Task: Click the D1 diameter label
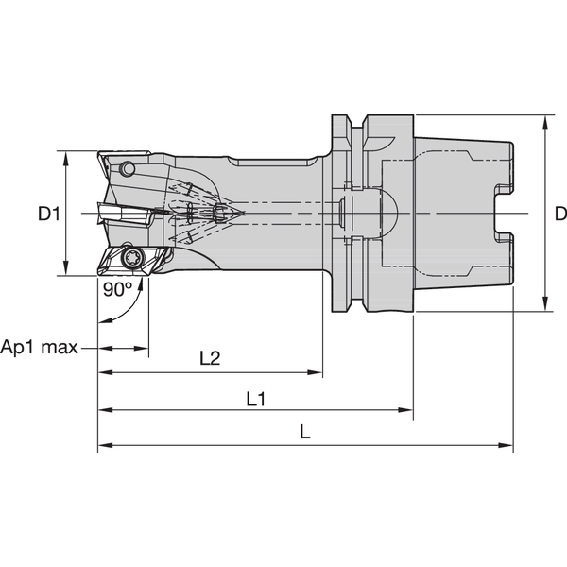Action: [49, 215]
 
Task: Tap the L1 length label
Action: [254, 399]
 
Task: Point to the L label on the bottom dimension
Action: [304, 432]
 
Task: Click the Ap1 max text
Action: [40, 347]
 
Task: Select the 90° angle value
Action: [116, 290]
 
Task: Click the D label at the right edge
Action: [559, 215]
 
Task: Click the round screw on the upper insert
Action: [128, 170]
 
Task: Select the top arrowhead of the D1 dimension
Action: [66, 156]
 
